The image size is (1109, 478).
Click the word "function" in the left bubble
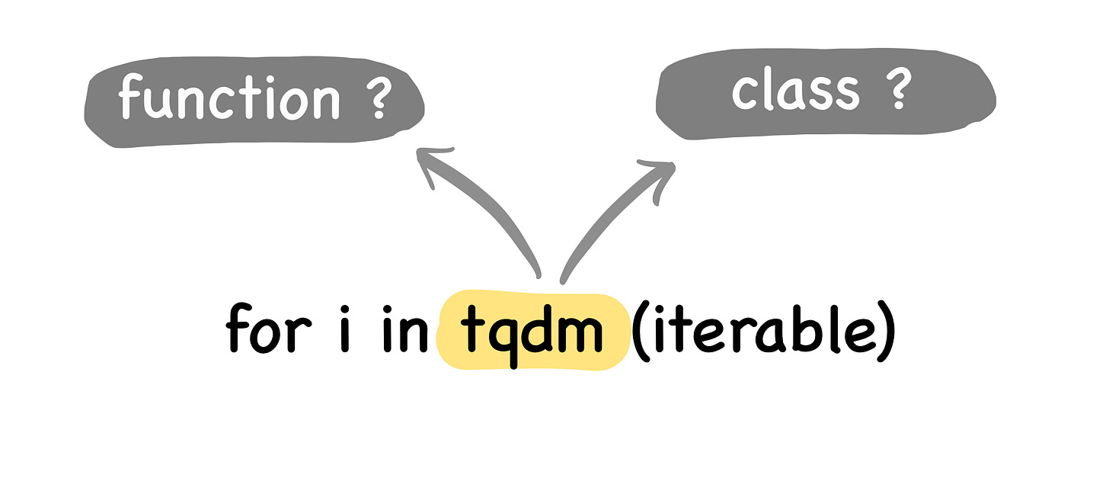coord(229,99)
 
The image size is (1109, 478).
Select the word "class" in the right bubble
coord(795,91)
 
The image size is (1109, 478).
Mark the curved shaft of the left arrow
coord(495,221)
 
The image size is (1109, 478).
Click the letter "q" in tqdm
coord(503,338)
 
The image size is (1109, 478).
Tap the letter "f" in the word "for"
coord(238,331)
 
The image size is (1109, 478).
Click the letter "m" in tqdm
coord(583,335)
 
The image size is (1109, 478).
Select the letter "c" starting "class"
coord(744,93)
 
